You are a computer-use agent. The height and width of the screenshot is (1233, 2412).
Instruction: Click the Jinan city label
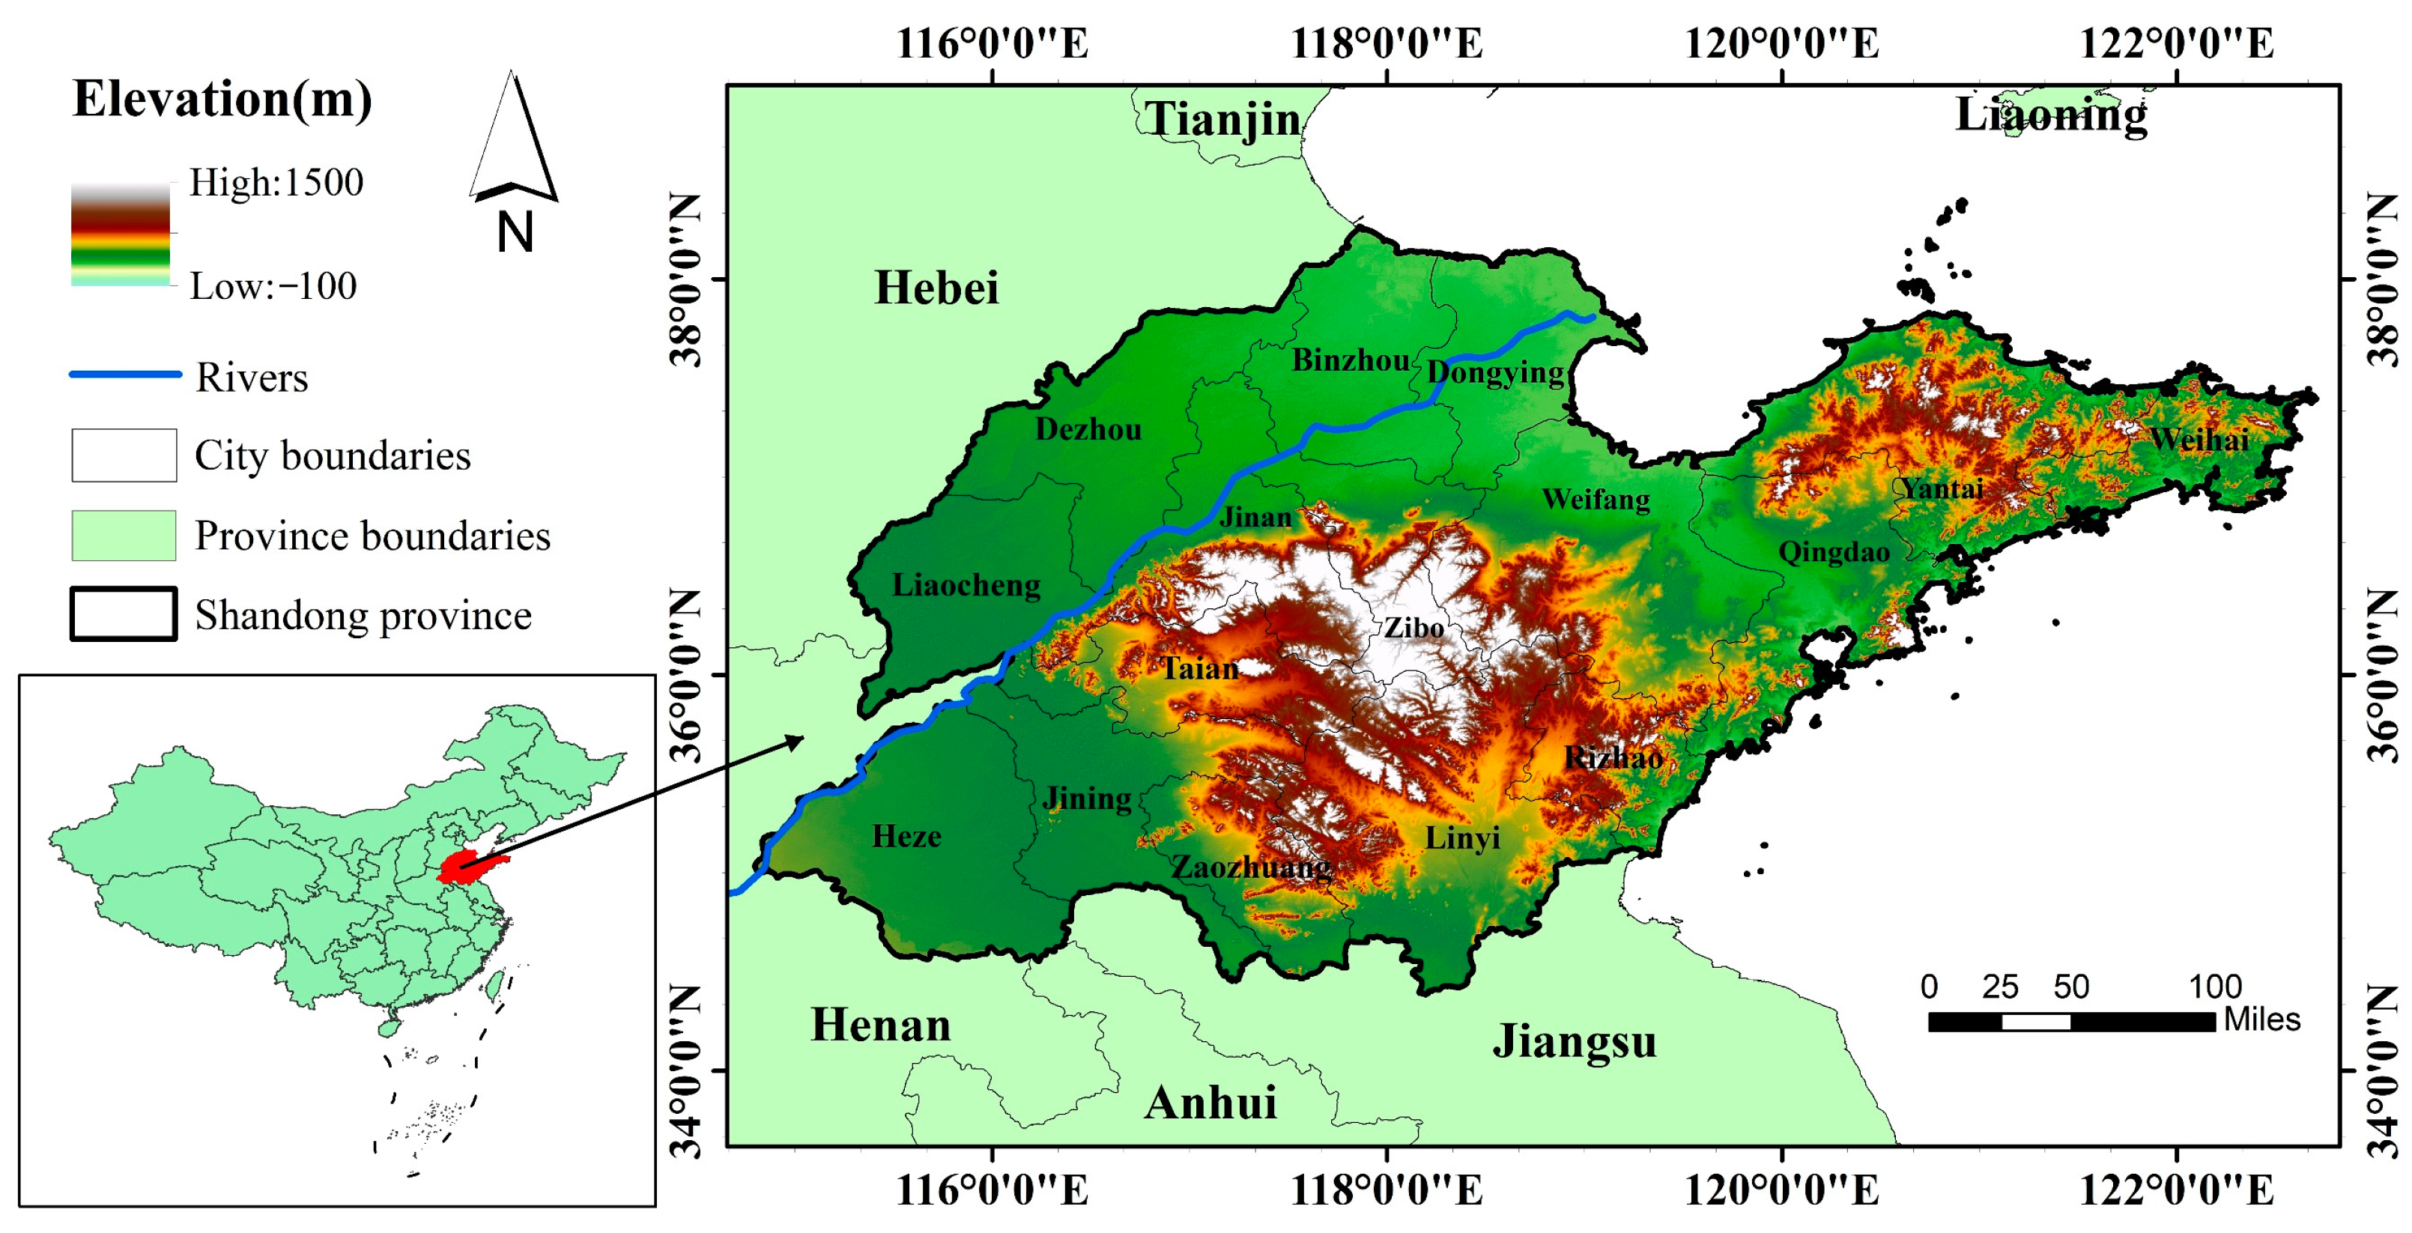tap(1255, 517)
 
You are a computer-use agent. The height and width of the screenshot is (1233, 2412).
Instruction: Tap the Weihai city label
tap(2199, 439)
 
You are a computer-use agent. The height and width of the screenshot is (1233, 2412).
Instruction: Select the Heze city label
tap(906, 835)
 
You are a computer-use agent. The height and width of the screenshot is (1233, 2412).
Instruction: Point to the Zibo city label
tap(1414, 627)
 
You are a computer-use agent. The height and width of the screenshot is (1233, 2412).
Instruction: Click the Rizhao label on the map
tap(1613, 757)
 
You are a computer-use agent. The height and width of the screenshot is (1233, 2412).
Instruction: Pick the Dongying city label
tap(1495, 372)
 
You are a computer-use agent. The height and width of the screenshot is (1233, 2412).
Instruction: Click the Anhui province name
tap(1210, 1102)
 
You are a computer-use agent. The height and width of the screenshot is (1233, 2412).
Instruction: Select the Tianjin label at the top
tap(1222, 119)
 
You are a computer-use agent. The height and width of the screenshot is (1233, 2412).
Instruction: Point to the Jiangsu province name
tap(1574, 1040)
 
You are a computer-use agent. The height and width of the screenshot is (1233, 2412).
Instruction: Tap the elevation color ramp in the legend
tap(121, 234)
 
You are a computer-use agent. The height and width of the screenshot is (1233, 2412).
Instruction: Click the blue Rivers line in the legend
tap(126, 375)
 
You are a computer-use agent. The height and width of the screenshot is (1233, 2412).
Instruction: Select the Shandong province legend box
tap(124, 614)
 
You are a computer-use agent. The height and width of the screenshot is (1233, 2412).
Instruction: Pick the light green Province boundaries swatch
tap(124, 535)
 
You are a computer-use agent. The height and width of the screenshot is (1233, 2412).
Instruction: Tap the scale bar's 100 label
tap(2213, 986)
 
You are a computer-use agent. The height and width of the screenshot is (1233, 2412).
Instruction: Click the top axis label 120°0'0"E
tap(1781, 43)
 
